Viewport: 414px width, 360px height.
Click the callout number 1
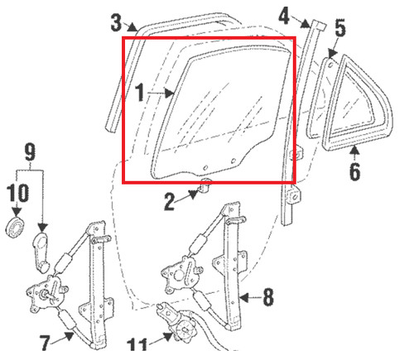pos(141,93)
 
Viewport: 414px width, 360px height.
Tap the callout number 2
pos(170,202)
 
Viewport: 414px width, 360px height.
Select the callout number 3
pos(116,22)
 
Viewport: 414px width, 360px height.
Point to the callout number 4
pos(284,16)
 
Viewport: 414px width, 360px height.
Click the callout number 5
pos(340,28)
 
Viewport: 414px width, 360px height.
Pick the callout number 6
pos(355,171)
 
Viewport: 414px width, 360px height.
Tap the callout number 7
pos(45,343)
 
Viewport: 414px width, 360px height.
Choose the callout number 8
pos(268,297)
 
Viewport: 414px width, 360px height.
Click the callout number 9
pos(30,151)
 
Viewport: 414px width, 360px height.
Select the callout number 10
pos(17,192)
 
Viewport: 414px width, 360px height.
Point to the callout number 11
pos(137,344)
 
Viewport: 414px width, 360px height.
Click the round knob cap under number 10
pos(16,228)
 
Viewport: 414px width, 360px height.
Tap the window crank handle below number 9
pos(41,252)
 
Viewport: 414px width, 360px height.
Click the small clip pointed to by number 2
pos(205,185)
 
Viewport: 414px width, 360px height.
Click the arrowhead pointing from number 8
pos(244,297)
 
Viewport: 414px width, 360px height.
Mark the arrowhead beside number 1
pos(169,93)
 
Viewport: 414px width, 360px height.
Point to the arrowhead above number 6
pos(355,151)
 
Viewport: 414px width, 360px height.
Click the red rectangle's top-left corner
pos(123,38)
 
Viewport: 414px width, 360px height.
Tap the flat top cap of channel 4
pos(319,25)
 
